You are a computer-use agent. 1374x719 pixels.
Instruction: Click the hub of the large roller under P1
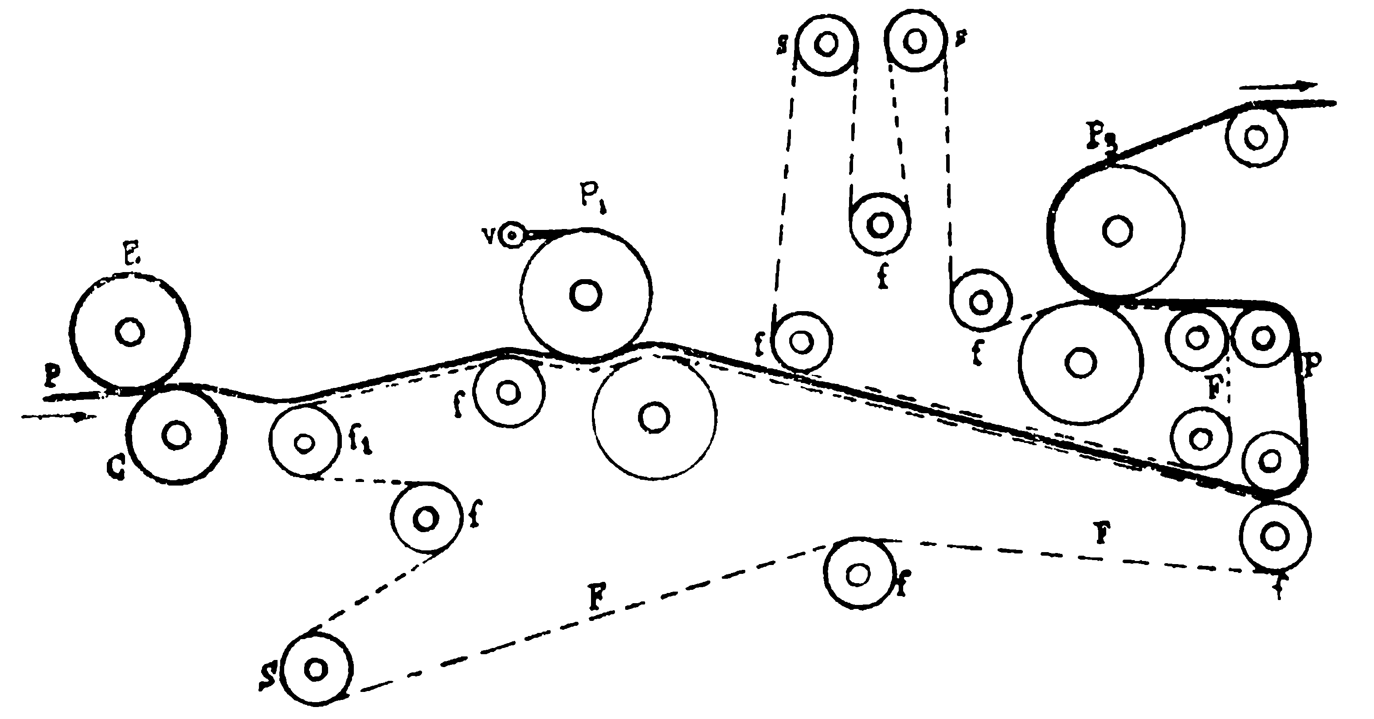tap(586, 294)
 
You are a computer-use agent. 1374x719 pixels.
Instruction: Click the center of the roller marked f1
tap(304, 442)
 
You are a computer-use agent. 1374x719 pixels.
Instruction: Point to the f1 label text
tap(360, 442)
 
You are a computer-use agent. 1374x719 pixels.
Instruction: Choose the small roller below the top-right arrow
tap(1256, 137)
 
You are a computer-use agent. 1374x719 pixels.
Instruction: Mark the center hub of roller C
tap(176, 435)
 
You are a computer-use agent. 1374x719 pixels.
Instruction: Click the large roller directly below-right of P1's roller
tap(654, 417)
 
